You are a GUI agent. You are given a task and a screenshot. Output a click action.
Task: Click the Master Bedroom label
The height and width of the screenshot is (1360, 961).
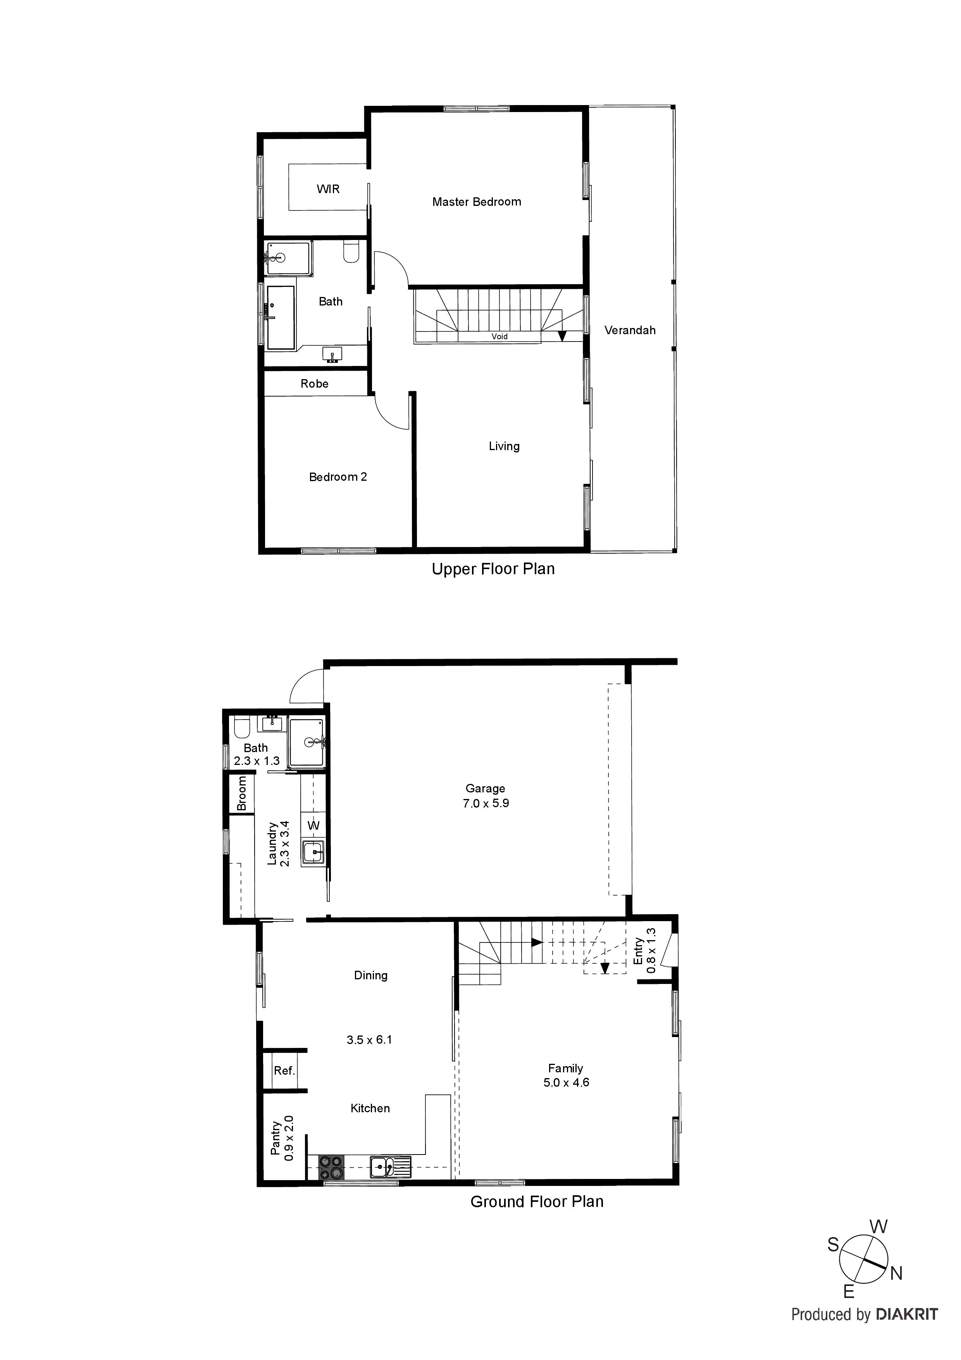[477, 202]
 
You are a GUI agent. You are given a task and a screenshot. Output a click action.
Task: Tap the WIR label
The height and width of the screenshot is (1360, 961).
[328, 189]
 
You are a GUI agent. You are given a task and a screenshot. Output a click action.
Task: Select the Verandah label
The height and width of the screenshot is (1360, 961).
[629, 331]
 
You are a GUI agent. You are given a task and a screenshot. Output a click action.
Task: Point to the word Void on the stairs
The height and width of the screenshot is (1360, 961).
[499, 337]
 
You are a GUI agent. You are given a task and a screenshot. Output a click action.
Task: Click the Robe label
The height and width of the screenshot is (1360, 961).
[314, 384]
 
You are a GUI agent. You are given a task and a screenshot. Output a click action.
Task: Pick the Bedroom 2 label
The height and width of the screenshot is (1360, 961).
[338, 477]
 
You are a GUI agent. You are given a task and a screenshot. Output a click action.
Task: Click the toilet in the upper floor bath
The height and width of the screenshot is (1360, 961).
[351, 253]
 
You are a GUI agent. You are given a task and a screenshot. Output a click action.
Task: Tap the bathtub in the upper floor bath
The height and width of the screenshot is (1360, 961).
[280, 318]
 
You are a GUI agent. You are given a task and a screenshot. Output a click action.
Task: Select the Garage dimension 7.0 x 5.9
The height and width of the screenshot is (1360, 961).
[486, 804]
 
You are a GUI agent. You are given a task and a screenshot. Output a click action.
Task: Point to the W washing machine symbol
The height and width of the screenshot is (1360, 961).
[313, 826]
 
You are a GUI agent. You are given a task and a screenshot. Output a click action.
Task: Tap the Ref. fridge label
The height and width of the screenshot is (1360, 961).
[284, 1071]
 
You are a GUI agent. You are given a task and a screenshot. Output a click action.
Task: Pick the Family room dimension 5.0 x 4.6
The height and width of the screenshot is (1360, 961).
[566, 1083]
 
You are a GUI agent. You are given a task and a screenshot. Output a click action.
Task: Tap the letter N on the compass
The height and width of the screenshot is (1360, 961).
[896, 1274]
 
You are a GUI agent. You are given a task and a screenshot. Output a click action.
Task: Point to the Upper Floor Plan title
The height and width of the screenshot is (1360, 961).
[493, 569]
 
